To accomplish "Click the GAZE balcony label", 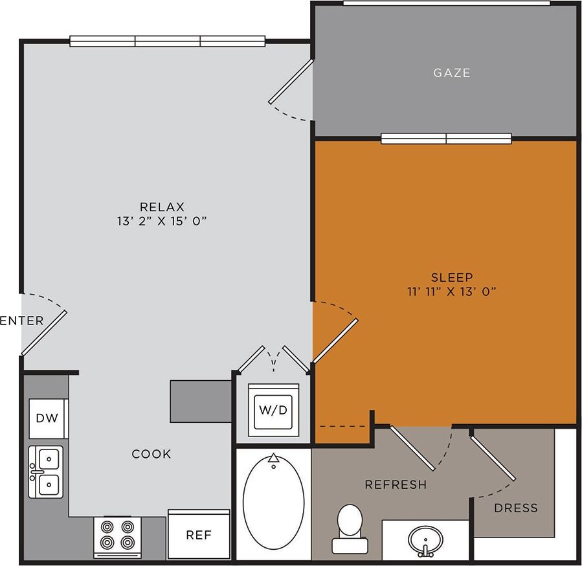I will tap(452, 73).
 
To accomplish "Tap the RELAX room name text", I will tap(162, 207).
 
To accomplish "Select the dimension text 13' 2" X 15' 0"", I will tap(162, 221).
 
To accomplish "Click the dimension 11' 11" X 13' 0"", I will tap(451, 291).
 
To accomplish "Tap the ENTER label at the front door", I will tap(22, 321).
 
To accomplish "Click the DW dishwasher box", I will tap(47, 418).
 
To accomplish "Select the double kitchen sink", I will tap(47, 471).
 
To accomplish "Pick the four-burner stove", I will tap(118, 534).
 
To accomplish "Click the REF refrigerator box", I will tap(198, 535).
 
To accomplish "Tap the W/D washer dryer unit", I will tap(274, 409).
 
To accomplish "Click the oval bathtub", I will tap(273, 502).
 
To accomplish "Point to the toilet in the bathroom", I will tap(350, 527).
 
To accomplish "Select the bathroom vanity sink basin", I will tap(425, 539).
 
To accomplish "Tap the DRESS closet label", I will tap(515, 508).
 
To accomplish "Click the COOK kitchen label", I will tap(151, 454).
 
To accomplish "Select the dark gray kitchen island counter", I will tap(201, 402).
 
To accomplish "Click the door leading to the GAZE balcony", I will tap(291, 82).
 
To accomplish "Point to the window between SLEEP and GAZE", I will tap(446, 139).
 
